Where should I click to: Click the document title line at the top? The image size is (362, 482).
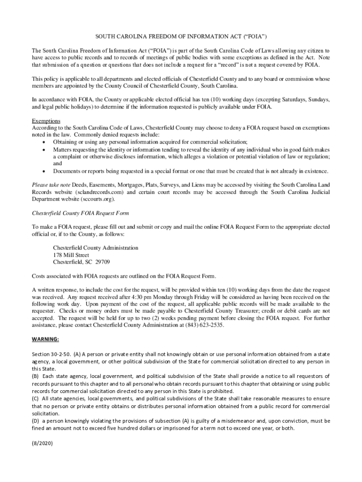click(x=181, y=36)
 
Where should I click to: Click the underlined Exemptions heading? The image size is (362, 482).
click(x=46, y=121)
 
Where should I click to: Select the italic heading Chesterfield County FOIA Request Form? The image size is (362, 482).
click(x=80, y=213)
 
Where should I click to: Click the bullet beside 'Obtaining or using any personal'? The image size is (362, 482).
click(x=44, y=142)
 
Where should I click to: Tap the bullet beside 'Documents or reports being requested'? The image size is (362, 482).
click(x=44, y=171)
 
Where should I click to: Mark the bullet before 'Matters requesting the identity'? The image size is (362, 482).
click(x=44, y=149)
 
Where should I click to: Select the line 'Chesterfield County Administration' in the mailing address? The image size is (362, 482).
click(x=95, y=248)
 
